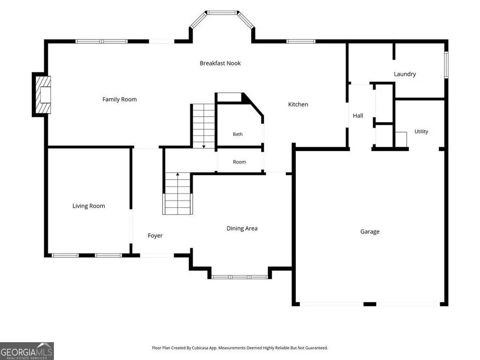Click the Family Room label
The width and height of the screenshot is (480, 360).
coord(120,99)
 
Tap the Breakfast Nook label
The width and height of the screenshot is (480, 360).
coord(220,63)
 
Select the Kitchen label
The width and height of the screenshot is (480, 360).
coord(298,105)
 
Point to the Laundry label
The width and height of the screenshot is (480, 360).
coord(405,74)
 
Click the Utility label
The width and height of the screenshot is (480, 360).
coord(421,132)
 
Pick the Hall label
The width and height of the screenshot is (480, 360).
coord(358,115)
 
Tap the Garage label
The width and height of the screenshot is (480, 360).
coord(370,232)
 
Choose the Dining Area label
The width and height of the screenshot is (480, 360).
coord(242,228)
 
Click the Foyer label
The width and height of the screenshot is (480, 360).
coord(155,236)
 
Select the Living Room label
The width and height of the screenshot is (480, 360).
coord(89,206)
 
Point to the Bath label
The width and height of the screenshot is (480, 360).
coord(238,134)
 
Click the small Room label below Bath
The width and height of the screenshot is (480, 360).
coord(240,162)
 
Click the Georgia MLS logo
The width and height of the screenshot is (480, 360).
coord(27,351)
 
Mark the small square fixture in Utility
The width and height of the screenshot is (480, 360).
coord(401,139)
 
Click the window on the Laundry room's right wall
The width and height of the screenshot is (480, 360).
coord(446,65)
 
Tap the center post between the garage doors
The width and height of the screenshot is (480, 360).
coord(369,304)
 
